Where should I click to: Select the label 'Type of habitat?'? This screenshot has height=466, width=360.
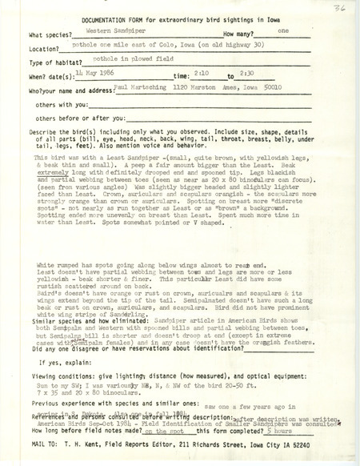(57, 61)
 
